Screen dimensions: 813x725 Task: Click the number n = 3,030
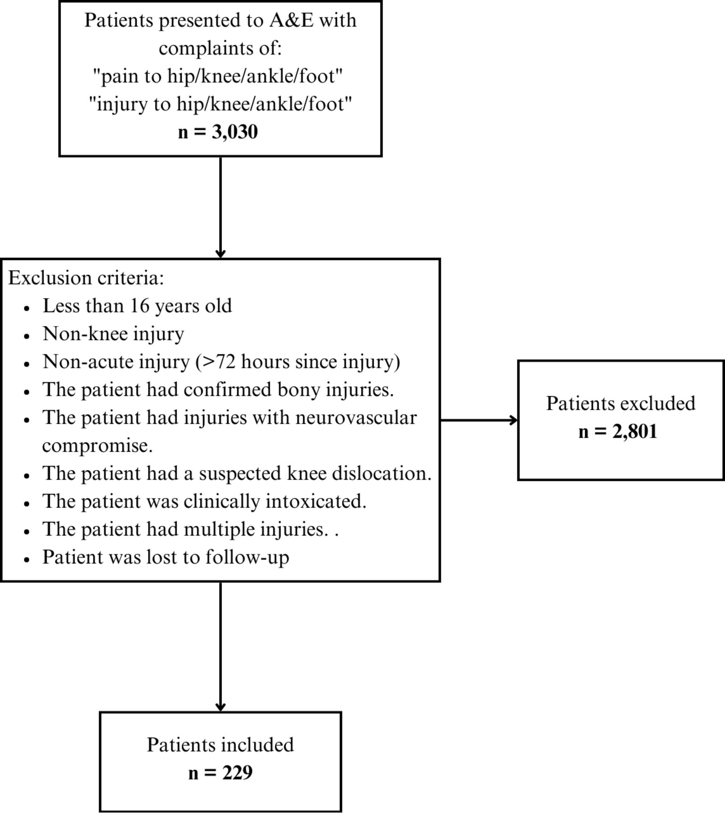pos(218,132)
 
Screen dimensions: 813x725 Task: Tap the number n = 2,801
pos(618,431)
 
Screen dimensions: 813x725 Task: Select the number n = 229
pos(220,772)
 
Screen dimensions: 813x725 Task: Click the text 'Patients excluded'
pos(620,403)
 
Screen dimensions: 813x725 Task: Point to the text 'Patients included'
pos(220,745)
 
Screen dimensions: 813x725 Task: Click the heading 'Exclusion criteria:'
pos(86,278)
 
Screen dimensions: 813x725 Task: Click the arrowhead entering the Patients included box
pos(220,707)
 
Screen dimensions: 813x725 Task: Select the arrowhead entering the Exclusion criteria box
pos(220,253)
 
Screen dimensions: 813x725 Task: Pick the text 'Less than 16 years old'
pos(137,306)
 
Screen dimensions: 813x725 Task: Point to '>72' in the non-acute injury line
pos(217,362)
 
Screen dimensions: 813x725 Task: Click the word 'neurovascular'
pos(356,417)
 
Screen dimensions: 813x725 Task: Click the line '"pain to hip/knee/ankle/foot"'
pos(218,76)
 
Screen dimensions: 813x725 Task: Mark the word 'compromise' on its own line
pos(97,446)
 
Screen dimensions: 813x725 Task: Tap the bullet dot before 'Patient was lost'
pos(27,559)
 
